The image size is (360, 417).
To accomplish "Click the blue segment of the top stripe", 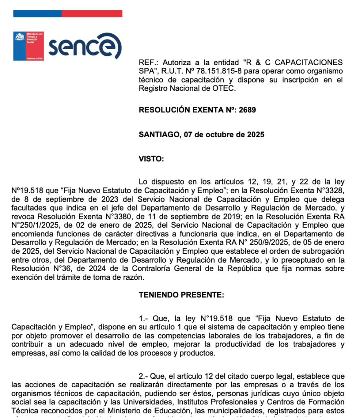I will [37, 13].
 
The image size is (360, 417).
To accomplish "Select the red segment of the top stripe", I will [92, 13].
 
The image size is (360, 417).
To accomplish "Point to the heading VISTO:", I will [151, 159].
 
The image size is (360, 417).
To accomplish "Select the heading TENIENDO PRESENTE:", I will [181, 295].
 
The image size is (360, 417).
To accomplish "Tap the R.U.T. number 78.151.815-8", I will [208, 71].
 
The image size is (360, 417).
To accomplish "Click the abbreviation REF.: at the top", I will [148, 63].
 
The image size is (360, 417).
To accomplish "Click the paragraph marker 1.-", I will [145, 318].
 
